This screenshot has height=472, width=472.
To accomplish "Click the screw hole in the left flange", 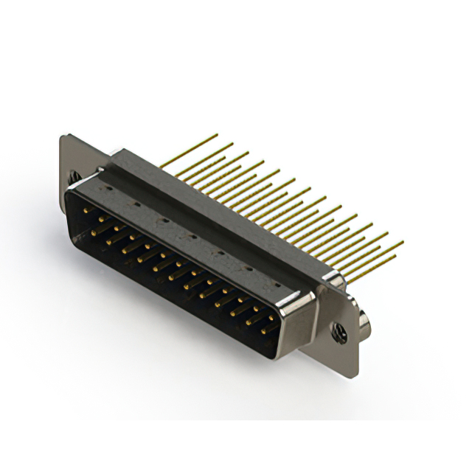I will [74, 177].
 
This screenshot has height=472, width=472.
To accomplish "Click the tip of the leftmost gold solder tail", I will [217, 135].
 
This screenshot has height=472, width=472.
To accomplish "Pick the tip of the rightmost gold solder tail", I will [403, 242].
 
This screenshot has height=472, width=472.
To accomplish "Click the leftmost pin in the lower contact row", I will [94, 230].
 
